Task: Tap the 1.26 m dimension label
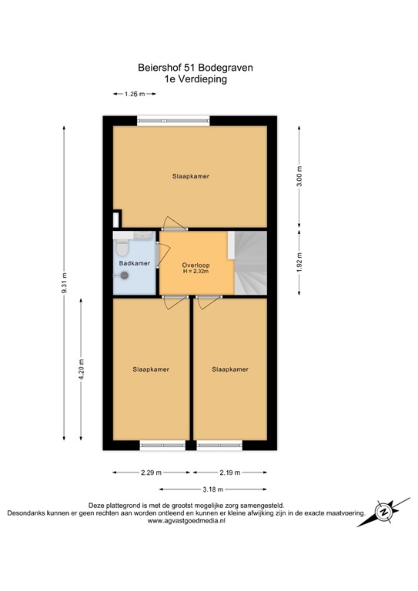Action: pyautogui.click(x=135, y=95)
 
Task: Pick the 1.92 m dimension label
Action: pyautogui.click(x=299, y=262)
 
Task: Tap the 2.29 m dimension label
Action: pyautogui.click(x=152, y=472)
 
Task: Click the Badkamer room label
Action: pyautogui.click(x=134, y=264)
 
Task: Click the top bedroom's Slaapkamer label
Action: pyautogui.click(x=190, y=176)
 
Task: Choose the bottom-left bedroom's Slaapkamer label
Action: pyautogui.click(x=150, y=369)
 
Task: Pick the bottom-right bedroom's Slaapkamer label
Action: pyautogui.click(x=230, y=369)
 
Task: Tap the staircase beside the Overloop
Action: pyautogui.click(x=250, y=262)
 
